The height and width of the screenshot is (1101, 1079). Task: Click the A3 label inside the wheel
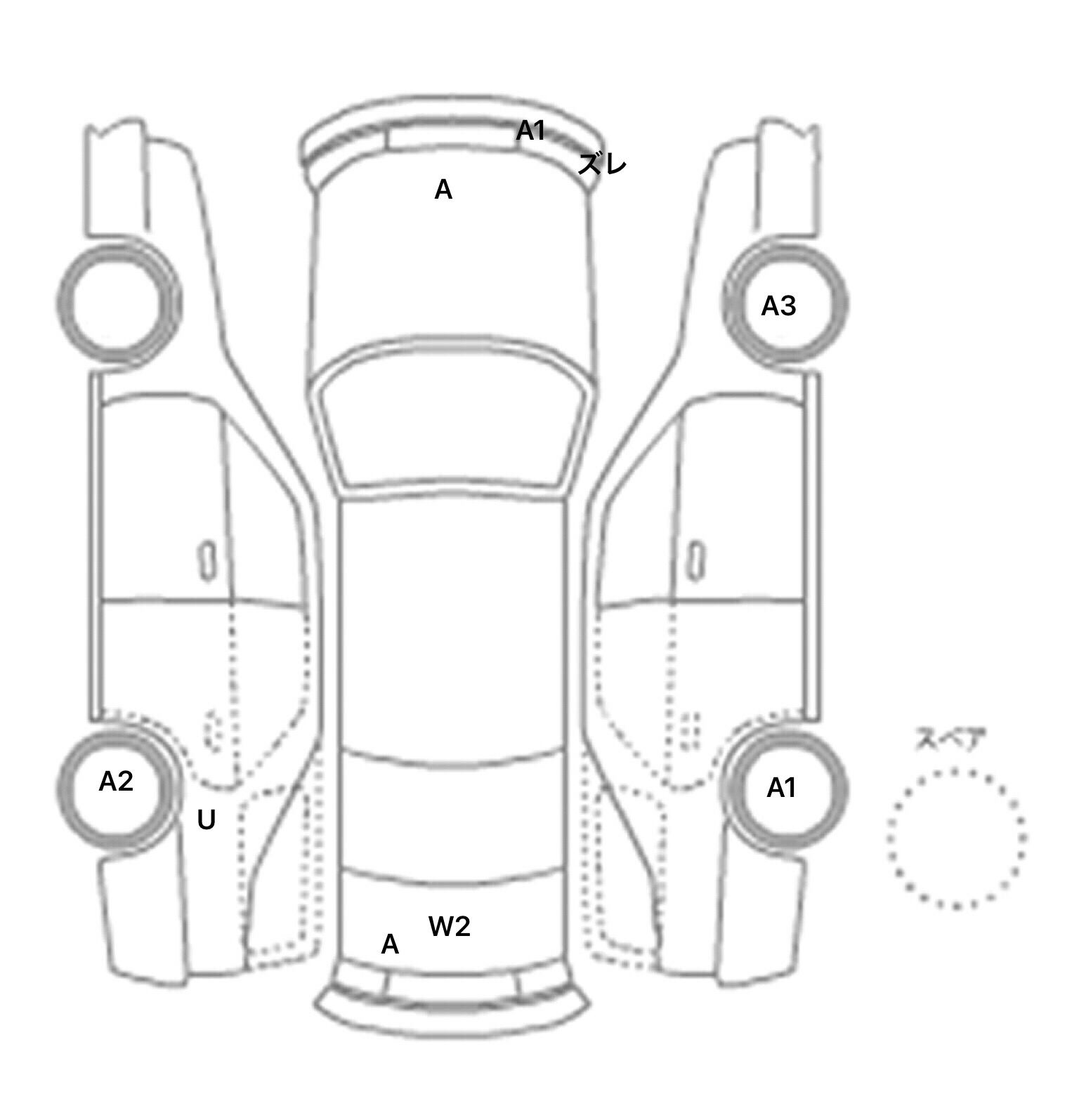pos(778,306)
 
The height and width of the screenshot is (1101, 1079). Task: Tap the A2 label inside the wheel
pos(116,782)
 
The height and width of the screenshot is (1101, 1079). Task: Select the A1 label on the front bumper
pos(530,131)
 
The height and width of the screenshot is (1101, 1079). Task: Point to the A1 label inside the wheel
pos(781,789)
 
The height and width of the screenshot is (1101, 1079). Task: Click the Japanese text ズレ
pos(602,164)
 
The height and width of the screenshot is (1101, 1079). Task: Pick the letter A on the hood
pos(443,190)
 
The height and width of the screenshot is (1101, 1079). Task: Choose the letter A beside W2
pos(390,944)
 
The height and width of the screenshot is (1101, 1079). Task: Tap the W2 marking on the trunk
pos(449,927)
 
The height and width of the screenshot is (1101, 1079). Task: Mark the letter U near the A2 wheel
pos(206,820)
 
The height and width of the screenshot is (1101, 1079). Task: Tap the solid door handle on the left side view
pos(207,561)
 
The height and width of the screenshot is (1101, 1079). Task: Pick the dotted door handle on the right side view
pos(691,730)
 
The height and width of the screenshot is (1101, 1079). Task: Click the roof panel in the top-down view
pos(453,625)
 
